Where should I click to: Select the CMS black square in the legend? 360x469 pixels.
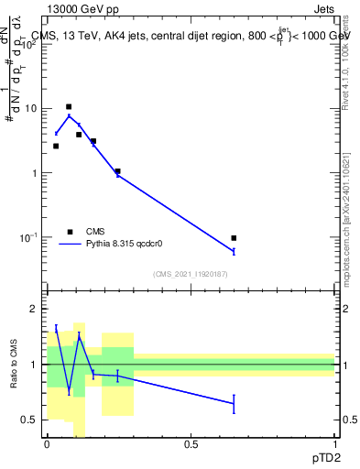tap(70, 232)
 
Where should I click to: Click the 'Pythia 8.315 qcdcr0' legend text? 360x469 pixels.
tap(125, 245)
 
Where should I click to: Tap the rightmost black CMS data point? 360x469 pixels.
tap(235, 238)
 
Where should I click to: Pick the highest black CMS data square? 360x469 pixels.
tap(69, 107)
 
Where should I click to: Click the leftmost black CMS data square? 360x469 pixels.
tap(56, 146)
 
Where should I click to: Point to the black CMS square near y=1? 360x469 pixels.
tap(117, 171)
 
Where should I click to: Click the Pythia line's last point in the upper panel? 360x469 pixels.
tap(235, 251)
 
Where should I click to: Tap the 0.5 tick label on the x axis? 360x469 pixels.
tap(191, 444)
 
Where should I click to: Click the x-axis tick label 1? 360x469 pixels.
tap(335, 444)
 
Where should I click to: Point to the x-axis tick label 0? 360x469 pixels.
tap(47, 444)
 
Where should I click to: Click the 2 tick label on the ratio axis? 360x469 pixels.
tap(34, 309)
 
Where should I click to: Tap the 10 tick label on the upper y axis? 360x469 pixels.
tap(30, 109)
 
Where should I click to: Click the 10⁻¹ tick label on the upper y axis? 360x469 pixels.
tap(27, 237)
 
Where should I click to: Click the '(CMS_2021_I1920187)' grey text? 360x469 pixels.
tap(190, 274)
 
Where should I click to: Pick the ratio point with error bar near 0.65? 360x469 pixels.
tap(235, 404)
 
